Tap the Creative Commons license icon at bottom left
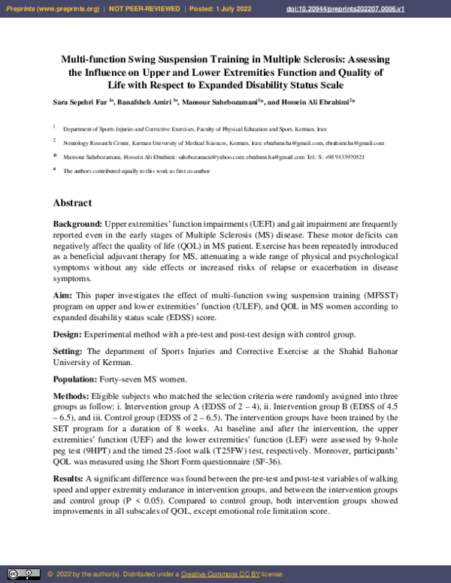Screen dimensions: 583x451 point(20,574)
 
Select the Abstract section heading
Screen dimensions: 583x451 point(72,203)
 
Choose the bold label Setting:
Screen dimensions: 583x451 point(70,351)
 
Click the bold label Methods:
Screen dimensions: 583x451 point(74,396)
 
